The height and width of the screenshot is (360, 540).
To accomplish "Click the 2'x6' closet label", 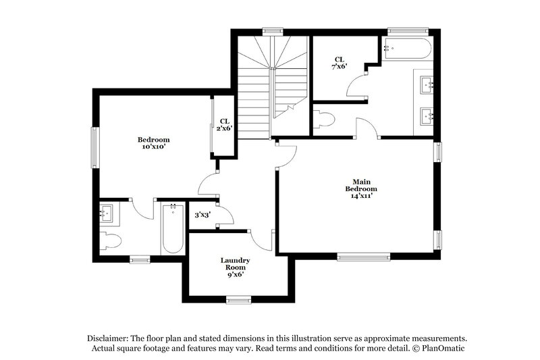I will tap(224, 125).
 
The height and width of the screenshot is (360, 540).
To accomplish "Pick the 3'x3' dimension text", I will tap(202, 215).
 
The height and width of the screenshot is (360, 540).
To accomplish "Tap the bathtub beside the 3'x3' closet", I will tap(173, 228).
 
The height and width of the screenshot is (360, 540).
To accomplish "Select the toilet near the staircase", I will tap(324, 120).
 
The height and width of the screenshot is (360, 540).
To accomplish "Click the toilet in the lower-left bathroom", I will tap(110, 240).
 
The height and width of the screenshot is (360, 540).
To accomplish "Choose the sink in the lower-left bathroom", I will tap(107, 215).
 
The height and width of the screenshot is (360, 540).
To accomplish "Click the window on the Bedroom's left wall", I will tap(95, 145).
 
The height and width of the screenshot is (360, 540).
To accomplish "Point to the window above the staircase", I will tap(273, 30).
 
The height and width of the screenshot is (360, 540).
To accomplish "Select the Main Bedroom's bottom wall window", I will tap(363, 256).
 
